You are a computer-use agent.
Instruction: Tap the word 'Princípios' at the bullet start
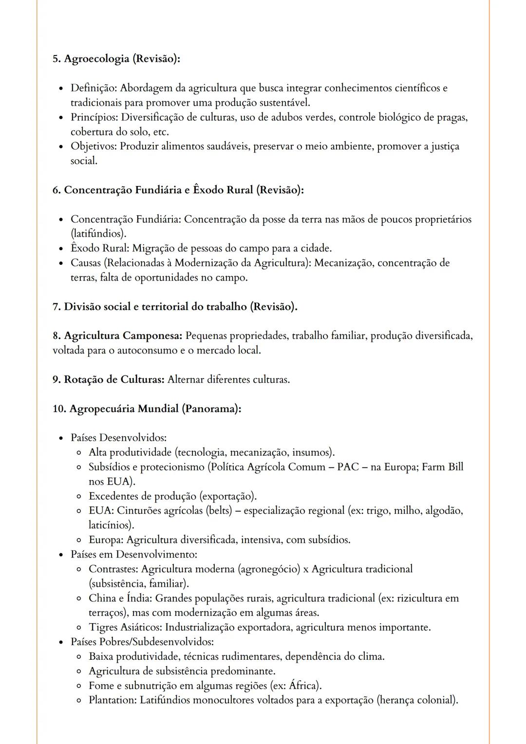[x=94, y=117]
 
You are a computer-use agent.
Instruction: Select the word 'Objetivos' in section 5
[x=93, y=147]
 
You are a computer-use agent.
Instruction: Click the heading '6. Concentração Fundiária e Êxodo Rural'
[x=178, y=190]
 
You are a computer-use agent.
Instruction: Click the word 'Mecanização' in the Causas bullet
[x=344, y=263]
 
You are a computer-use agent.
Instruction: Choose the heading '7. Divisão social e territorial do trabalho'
[x=174, y=307]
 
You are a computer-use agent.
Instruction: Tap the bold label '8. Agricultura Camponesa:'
[x=117, y=336]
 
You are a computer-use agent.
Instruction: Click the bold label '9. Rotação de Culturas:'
[x=108, y=379]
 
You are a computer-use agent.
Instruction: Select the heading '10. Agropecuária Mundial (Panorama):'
[x=147, y=409]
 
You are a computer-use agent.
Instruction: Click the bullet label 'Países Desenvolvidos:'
[x=118, y=438]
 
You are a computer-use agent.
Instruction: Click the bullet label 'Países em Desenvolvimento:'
[x=133, y=554]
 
